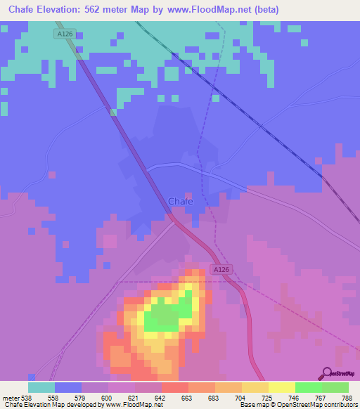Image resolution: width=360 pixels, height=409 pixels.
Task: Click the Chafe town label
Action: pyautogui.click(x=181, y=201)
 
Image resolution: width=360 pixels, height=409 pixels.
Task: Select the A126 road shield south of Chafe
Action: pyautogui.click(x=220, y=269)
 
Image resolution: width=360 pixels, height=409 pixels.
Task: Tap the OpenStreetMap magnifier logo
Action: pyautogui.click(x=327, y=374)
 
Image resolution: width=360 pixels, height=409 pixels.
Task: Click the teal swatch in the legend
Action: pyautogui.click(x=41, y=387)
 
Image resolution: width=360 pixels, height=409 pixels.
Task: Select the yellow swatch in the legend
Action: pyautogui.click(x=282, y=387)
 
